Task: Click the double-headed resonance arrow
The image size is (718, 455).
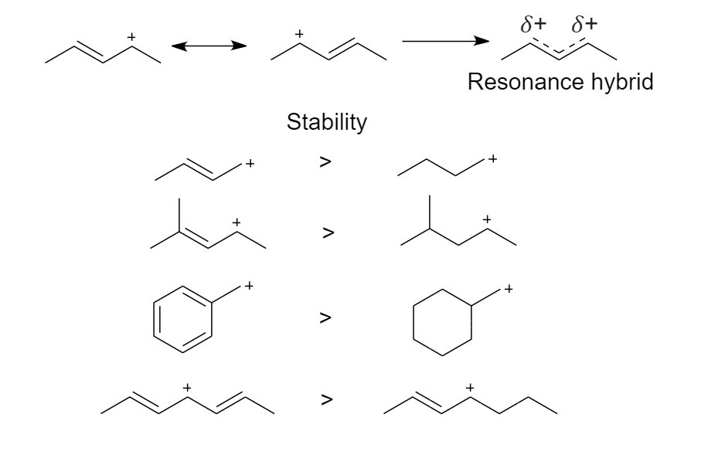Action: point(209,47)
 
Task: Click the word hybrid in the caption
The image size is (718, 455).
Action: point(619,83)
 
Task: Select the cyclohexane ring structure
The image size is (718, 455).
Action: point(442,321)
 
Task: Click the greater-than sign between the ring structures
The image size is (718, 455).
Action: point(326,317)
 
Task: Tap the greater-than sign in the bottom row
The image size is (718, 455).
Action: point(327,400)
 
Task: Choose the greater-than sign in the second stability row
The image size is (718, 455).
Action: point(328,233)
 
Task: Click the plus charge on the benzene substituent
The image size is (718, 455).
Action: point(249,287)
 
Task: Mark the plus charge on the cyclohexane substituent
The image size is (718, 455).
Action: point(508,290)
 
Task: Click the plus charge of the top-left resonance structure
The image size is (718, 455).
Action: point(131,36)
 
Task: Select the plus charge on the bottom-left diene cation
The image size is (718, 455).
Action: point(186,386)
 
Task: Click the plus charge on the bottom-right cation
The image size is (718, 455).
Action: point(469,386)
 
